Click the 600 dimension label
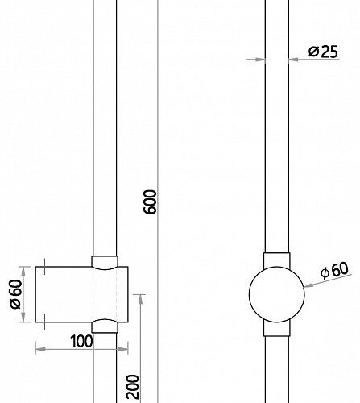(x=150, y=202)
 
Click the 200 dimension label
(x=133, y=387)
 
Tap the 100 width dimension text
(x=81, y=341)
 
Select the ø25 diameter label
(x=323, y=52)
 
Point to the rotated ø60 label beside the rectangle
(x=15, y=294)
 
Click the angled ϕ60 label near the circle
(x=335, y=270)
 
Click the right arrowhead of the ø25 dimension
(x=293, y=59)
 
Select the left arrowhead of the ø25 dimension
(x=260, y=60)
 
